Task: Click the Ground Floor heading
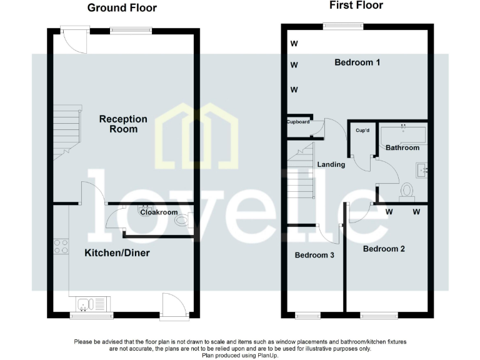pyautogui.click(x=122, y=8)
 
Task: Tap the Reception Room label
pyautogui.click(x=123, y=124)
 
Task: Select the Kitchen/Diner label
pyautogui.click(x=117, y=253)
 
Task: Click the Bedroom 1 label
pyautogui.click(x=357, y=62)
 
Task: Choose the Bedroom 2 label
pyautogui.click(x=384, y=249)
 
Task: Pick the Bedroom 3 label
pyautogui.click(x=314, y=255)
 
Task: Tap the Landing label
pyautogui.click(x=331, y=164)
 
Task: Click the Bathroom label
pyautogui.click(x=402, y=147)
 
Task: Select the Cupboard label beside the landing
pyautogui.click(x=298, y=122)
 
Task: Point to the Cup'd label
pyautogui.click(x=363, y=131)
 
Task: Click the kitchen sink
pyautogui.click(x=92, y=304)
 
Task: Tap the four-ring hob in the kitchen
pyautogui.click(x=61, y=246)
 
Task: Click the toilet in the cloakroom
pyautogui.click(x=182, y=220)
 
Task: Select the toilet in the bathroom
pyautogui.click(x=407, y=190)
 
